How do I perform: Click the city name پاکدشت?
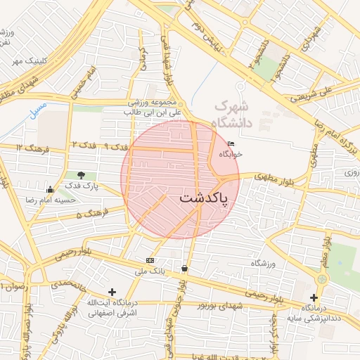point(204,199)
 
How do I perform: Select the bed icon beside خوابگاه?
point(231,144)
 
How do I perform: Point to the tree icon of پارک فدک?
point(82,175)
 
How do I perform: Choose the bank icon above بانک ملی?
point(149,260)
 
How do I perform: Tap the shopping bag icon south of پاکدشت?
point(184,268)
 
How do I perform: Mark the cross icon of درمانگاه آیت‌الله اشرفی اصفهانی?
point(112,291)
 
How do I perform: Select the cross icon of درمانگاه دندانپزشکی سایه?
point(314,297)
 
